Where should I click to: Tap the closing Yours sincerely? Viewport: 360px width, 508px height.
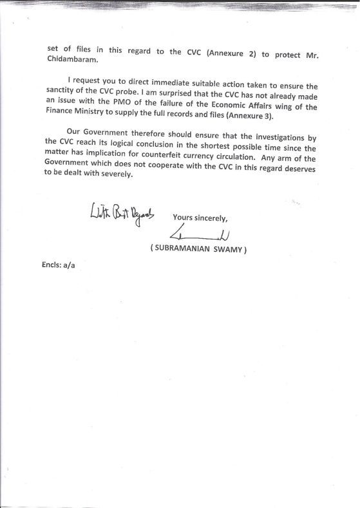click(x=200, y=216)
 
